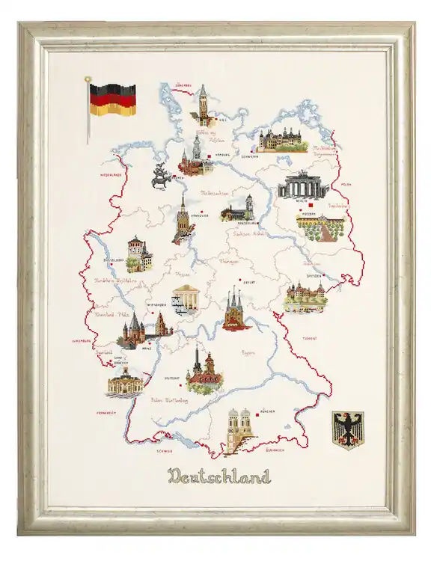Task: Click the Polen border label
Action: tap(345, 183)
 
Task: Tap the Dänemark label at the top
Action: tap(187, 85)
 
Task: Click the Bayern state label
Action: tap(259, 349)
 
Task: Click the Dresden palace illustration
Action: tap(305, 297)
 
